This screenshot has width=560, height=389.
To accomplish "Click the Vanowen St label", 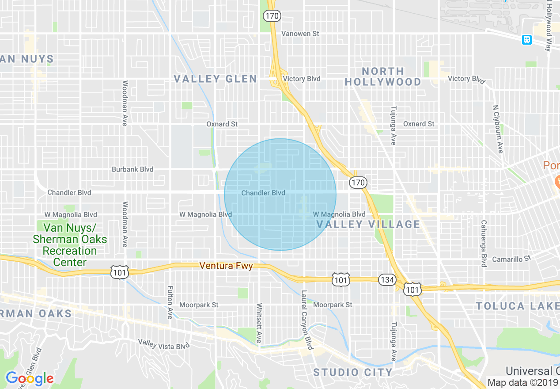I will (x=300, y=34).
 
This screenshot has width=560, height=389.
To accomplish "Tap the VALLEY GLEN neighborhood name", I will (x=215, y=79).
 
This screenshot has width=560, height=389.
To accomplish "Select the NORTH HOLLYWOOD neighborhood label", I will (x=383, y=76).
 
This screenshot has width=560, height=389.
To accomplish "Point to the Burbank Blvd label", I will (x=132, y=169).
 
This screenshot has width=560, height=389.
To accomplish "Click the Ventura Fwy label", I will (x=226, y=266).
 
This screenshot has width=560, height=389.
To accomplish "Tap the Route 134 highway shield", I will (x=387, y=280).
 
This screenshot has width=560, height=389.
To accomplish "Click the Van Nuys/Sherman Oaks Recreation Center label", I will (x=70, y=245).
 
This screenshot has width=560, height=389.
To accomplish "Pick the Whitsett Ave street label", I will (x=259, y=323).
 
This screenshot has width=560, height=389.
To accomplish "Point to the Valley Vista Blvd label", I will (x=163, y=344).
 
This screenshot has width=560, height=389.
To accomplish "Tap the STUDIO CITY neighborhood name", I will (x=353, y=372).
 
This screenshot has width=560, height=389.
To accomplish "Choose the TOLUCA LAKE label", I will (x=518, y=306).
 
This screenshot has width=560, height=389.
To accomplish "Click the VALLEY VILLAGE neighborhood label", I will (x=368, y=224).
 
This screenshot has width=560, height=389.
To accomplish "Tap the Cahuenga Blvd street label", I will (x=484, y=244).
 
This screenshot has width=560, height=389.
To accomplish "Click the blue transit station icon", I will (x=526, y=40).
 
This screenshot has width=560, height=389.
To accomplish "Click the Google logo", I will (x=30, y=379).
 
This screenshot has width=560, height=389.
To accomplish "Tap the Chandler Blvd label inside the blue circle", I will (x=263, y=193).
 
